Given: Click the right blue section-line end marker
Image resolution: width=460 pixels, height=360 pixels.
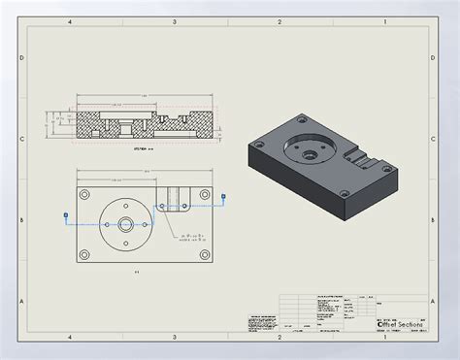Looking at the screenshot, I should (x=224, y=197).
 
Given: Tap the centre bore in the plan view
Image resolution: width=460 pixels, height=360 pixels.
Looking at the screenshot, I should (x=126, y=222).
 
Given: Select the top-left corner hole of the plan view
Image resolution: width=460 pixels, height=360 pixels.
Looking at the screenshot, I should (x=85, y=193).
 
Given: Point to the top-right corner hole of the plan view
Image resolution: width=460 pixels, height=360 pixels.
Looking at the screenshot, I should (x=205, y=193).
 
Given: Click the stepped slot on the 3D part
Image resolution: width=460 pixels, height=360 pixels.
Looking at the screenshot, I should (x=363, y=156).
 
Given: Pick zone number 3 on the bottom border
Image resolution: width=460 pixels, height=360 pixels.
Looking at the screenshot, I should (x=175, y=338).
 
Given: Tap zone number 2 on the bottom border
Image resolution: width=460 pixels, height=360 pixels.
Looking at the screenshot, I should (x=279, y=338).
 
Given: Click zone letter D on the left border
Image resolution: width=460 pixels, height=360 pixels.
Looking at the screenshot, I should (x=20, y=57).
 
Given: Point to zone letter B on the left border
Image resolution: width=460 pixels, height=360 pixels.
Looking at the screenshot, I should (x=20, y=220).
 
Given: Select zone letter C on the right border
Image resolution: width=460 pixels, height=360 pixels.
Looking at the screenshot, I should (x=438, y=139).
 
